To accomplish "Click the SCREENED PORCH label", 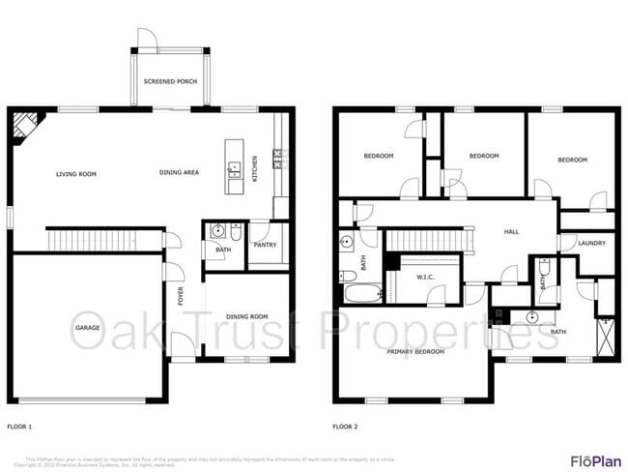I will pos(170,81).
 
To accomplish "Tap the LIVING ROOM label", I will pos(75,174).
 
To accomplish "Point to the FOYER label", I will pos(181,295).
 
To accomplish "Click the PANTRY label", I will pos(265,245).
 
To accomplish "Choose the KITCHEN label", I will pos(255,168).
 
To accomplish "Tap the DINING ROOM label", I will pos(247,316).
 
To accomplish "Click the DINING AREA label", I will pos(179,173).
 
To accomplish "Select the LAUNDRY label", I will pos(590,243).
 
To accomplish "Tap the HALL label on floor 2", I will pos(512,232).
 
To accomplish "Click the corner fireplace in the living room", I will pos(26,124).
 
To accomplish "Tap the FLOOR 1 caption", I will pos(19,426).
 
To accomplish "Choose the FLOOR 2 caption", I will pos(345,426).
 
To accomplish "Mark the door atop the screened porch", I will pos(148,39).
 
